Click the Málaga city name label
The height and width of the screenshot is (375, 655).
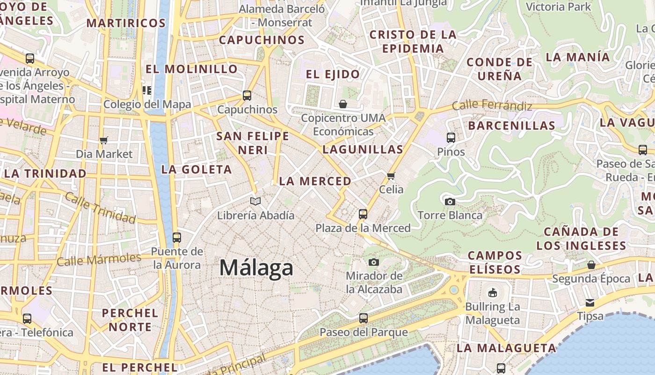pyautogui.click(x=256, y=268)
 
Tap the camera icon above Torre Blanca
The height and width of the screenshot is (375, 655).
pyautogui.click(x=450, y=202)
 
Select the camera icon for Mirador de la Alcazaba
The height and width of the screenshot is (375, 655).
pyautogui.click(x=373, y=262)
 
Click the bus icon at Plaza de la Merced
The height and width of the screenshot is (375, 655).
pyautogui.click(x=363, y=214)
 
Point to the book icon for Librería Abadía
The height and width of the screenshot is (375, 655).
pyautogui.click(x=255, y=201)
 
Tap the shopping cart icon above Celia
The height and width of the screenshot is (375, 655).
pyautogui.click(x=391, y=176)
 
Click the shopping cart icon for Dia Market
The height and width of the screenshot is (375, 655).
pyautogui.click(x=104, y=140)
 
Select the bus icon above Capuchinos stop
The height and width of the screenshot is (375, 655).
pyautogui.click(x=247, y=96)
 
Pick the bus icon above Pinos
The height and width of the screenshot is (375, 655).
pyautogui.click(x=451, y=138)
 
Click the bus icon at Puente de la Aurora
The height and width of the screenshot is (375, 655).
pyautogui.click(x=176, y=238)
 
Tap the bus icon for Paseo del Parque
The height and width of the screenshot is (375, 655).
pyautogui.click(x=364, y=318)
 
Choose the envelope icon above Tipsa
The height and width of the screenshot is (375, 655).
pyautogui.click(x=590, y=302)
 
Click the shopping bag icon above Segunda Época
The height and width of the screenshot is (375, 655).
pyautogui.click(x=591, y=265)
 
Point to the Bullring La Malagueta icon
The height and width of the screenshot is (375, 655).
pyautogui.click(x=492, y=293)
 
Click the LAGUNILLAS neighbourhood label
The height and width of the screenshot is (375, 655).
pyautogui.click(x=363, y=150)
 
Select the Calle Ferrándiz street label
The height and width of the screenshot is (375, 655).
pyautogui.click(x=492, y=105)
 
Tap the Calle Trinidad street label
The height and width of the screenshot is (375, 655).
pyautogui.click(x=100, y=207)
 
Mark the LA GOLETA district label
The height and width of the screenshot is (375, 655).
pyautogui.click(x=196, y=170)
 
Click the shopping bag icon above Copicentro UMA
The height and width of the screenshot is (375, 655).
pyautogui.click(x=343, y=104)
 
